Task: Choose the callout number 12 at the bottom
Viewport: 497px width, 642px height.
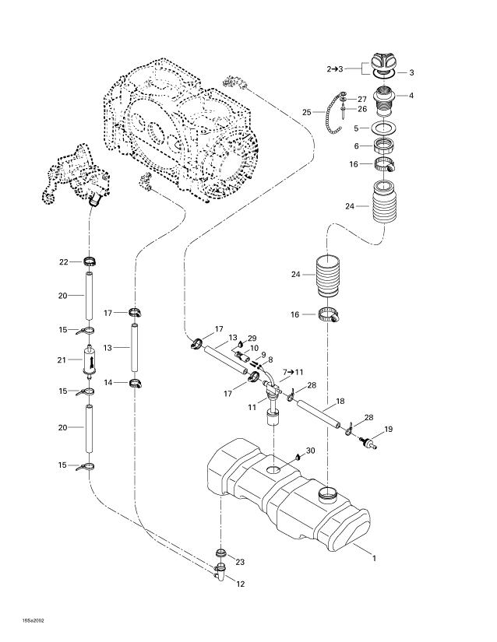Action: [x=240, y=584]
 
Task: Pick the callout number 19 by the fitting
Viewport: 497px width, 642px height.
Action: [x=388, y=428]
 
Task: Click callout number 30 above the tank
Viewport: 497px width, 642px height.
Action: [x=311, y=451]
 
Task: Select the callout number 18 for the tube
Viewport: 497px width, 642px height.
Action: [x=339, y=402]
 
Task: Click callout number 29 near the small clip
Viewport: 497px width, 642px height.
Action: [x=252, y=339]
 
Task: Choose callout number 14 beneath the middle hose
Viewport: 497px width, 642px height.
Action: [x=109, y=382]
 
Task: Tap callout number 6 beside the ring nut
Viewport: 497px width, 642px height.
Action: [x=356, y=146]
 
